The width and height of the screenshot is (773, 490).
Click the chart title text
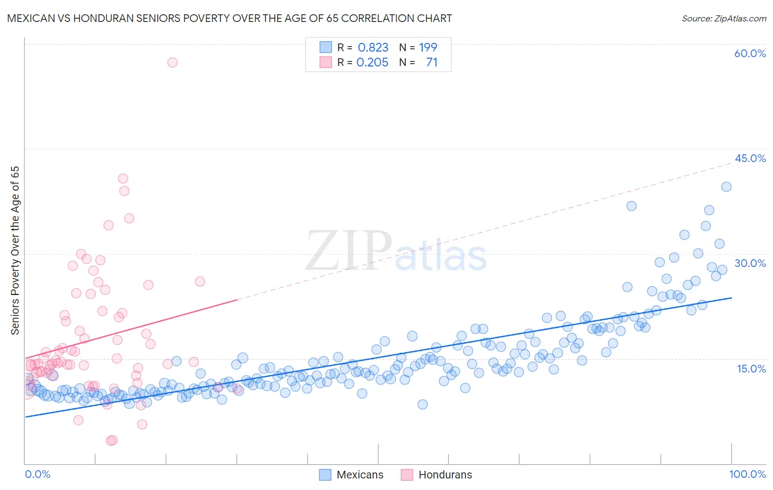click(x=229, y=18)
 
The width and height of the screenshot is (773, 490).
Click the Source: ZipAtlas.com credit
click(x=724, y=18)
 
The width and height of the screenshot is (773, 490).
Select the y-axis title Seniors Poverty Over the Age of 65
click(x=15, y=250)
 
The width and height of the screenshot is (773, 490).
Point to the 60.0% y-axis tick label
click(x=750, y=53)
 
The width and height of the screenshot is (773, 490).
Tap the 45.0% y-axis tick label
click(x=750, y=158)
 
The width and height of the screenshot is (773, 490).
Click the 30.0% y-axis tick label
click(x=750, y=263)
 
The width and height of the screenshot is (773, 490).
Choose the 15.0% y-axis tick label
click(x=751, y=368)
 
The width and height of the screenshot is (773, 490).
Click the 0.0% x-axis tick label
click(x=37, y=474)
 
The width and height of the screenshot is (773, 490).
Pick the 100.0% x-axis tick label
click(x=747, y=474)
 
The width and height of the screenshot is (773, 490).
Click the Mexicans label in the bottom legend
click(x=360, y=475)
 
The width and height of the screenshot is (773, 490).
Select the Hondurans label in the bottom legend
click(x=445, y=475)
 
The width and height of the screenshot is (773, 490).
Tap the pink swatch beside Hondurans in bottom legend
click(x=407, y=475)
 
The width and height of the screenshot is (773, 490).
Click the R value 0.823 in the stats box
click(x=373, y=48)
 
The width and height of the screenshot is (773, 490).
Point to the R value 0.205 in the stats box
click(x=372, y=63)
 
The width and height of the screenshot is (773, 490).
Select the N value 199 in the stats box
click(x=428, y=48)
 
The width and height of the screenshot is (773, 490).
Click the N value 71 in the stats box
click(x=432, y=63)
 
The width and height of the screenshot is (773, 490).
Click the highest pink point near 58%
click(x=172, y=63)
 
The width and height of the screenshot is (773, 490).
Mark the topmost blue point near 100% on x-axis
click(x=726, y=187)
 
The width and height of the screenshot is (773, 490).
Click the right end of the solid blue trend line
click(x=732, y=298)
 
